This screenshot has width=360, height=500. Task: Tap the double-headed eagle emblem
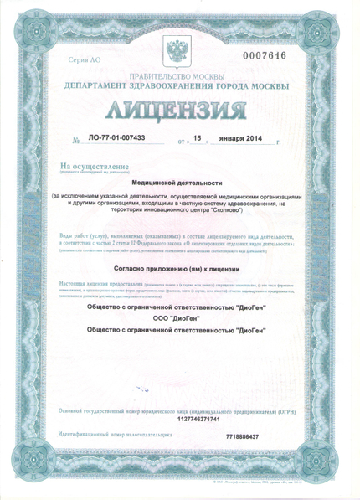(181, 51)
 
